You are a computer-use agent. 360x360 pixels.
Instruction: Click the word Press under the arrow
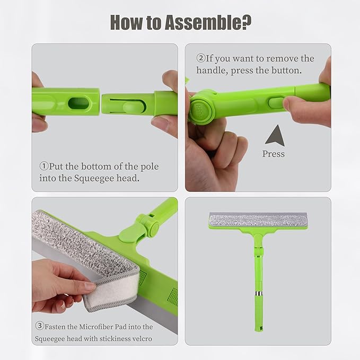coord(274,154)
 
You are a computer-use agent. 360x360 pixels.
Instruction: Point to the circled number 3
coord(40,327)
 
